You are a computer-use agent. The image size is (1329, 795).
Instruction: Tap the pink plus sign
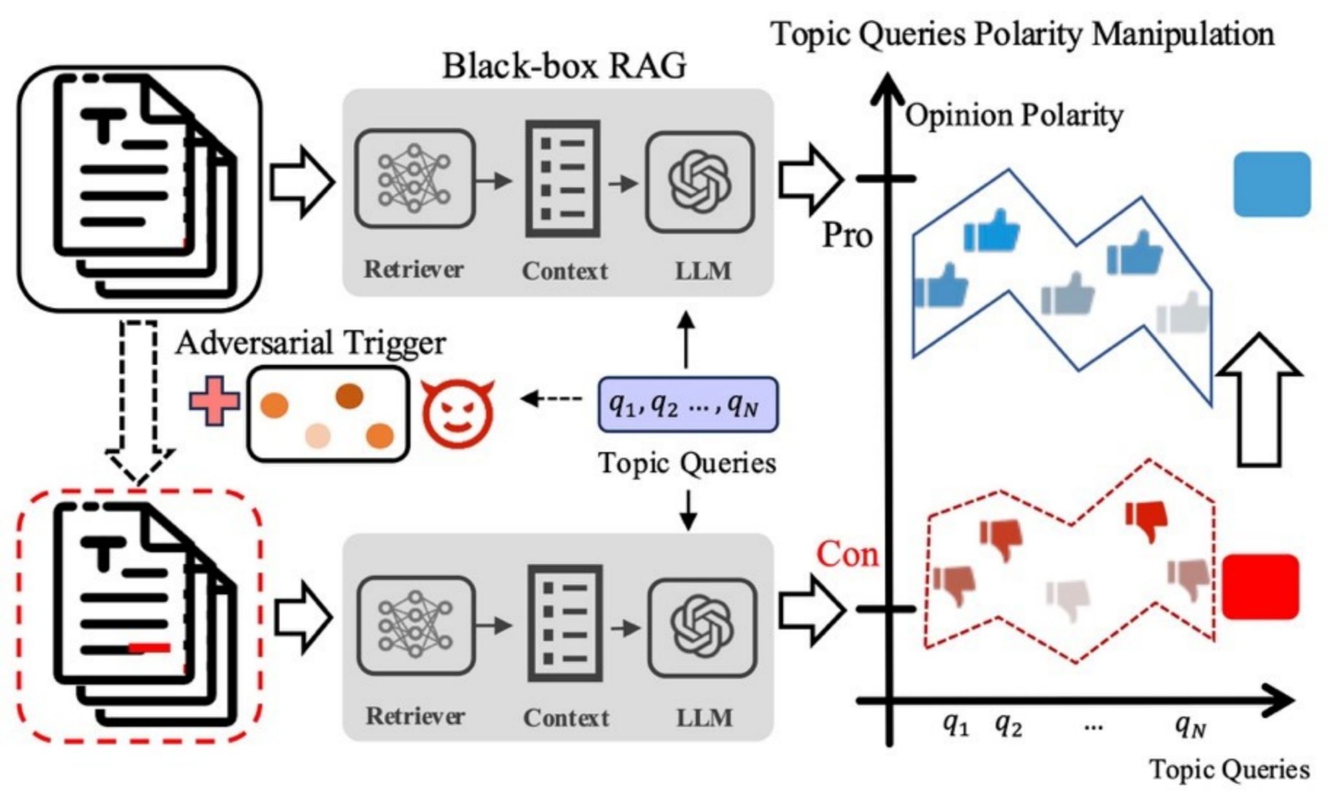215,401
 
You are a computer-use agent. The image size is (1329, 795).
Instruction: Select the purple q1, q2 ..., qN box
687,405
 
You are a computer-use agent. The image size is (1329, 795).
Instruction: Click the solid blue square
1271,184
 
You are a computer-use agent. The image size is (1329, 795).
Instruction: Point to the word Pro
847,236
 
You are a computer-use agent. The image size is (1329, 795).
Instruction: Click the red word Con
847,554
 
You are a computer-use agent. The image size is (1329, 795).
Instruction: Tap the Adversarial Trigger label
310,342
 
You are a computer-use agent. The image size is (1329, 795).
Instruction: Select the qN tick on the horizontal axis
1190,726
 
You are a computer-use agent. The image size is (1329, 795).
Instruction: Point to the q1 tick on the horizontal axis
955,726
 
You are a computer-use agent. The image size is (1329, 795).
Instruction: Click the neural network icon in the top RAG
414,179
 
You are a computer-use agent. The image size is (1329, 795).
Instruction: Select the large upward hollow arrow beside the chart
1259,400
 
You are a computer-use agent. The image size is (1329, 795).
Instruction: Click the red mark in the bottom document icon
150,647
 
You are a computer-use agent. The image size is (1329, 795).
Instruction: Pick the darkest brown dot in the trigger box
350,396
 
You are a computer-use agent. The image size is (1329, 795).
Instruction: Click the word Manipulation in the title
1182,34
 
